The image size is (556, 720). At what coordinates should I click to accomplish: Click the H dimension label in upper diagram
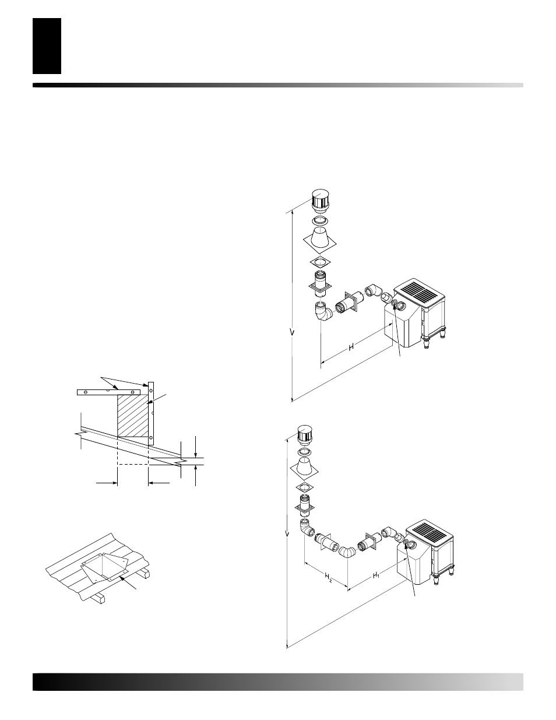point(352,347)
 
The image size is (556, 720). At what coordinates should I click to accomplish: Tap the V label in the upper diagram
point(292,332)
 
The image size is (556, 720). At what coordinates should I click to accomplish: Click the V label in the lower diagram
point(287,533)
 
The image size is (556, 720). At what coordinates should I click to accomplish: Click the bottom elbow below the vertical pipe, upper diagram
point(322,311)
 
